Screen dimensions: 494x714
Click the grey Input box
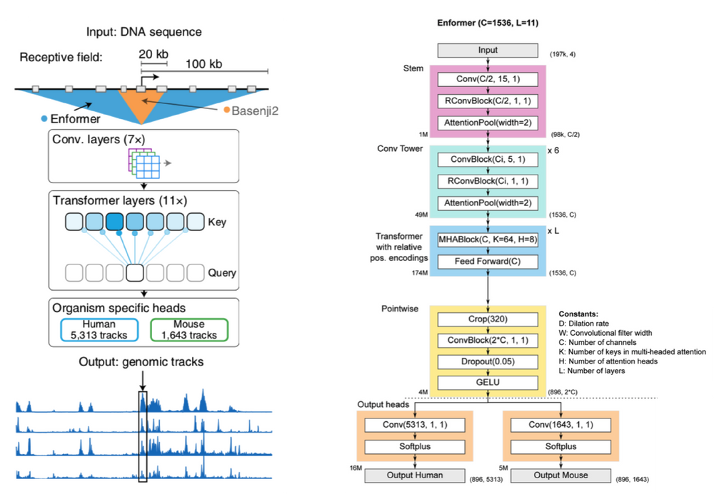[488, 51]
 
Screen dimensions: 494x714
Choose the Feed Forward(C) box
[488, 261]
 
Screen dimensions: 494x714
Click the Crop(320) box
[488, 319]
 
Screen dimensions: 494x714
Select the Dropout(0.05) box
[488, 361]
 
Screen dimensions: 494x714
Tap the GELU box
[488, 383]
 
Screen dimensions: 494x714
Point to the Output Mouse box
[560, 475]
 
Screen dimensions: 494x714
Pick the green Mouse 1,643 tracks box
[188, 329]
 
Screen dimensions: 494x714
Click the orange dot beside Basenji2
[227, 110]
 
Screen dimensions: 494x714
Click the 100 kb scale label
[203, 65]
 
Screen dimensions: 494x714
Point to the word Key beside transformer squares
[217, 222]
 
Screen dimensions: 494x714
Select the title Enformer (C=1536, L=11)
[487, 23]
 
